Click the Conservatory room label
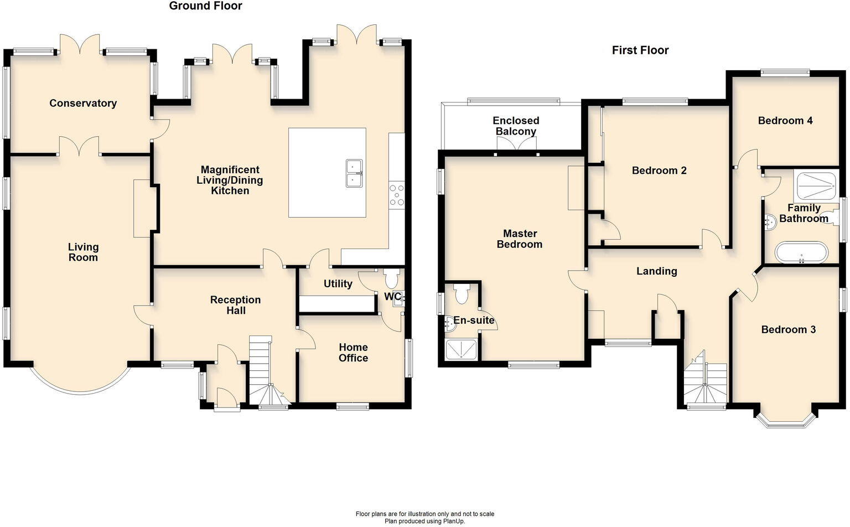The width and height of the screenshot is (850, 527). click(83, 103)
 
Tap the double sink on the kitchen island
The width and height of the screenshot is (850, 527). click(354, 173)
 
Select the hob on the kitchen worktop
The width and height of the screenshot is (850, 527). click(397, 195)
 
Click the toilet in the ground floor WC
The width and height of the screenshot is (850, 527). click(391, 277)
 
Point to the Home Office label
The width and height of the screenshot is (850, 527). click(353, 353)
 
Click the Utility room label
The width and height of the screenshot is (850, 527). click(338, 283)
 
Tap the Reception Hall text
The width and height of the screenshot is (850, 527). click(235, 305)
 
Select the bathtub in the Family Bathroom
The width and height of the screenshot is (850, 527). click(801, 252)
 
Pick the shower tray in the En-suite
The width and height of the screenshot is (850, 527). click(460, 349)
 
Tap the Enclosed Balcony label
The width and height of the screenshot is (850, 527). click(516, 126)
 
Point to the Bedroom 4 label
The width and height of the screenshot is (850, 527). click(785, 120)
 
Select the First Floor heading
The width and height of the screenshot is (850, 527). click(640, 50)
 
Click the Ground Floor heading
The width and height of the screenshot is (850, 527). click(205, 6)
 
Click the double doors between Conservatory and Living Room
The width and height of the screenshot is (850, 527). click(80, 147)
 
